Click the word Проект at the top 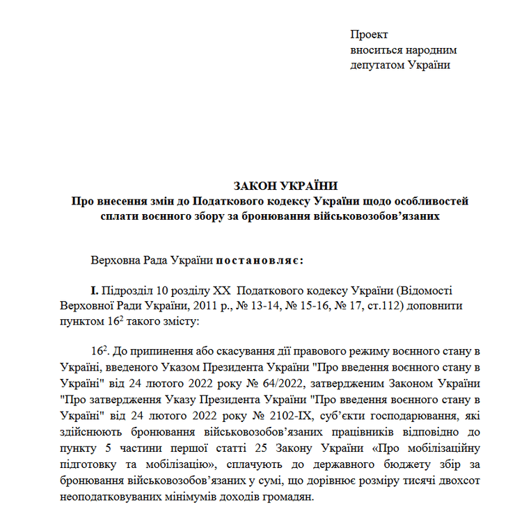(369, 34)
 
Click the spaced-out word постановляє (257, 261)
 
